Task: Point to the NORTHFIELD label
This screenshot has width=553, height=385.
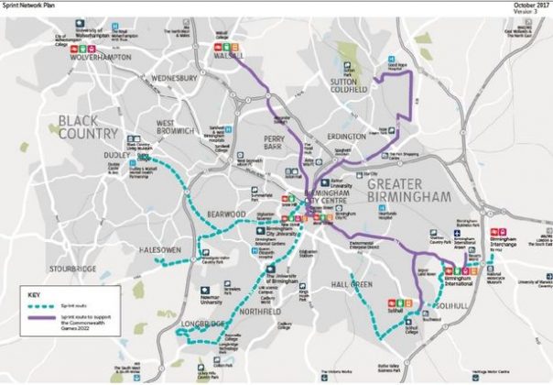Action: pyautogui.click(x=261, y=311)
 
